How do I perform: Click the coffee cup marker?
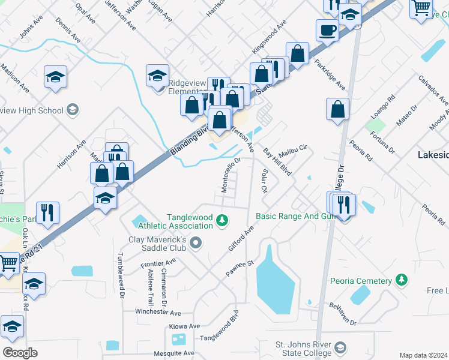pos(327,29)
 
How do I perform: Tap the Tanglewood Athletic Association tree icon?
pos(223,221)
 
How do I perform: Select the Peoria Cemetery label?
pos(361,280)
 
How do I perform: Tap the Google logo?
pos(20,353)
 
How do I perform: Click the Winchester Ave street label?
pos(158,313)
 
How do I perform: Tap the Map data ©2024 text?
pos(423,355)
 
